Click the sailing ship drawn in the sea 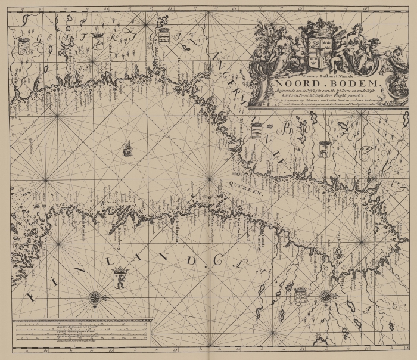127,148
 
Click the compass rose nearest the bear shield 95,296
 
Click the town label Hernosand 179,69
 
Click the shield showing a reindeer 324,149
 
